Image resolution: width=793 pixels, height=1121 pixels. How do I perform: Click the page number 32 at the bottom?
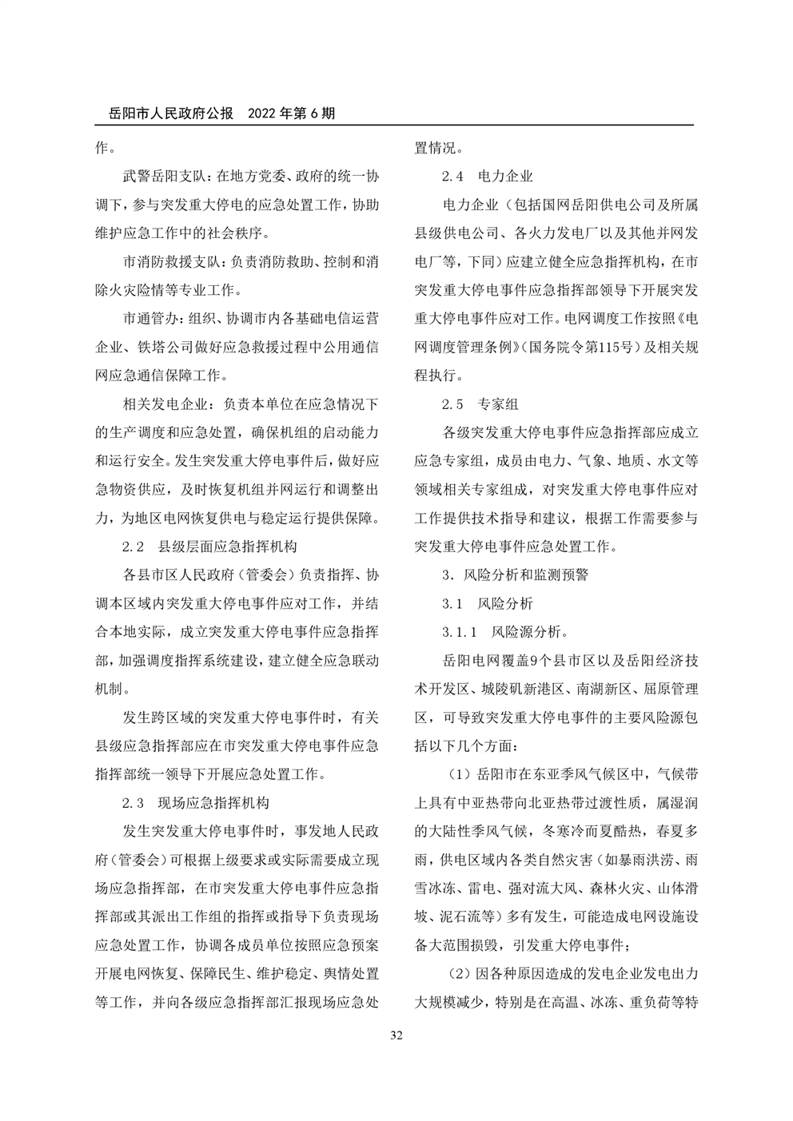coord(396,1036)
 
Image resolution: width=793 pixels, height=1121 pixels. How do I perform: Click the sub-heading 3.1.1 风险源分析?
coord(506,632)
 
